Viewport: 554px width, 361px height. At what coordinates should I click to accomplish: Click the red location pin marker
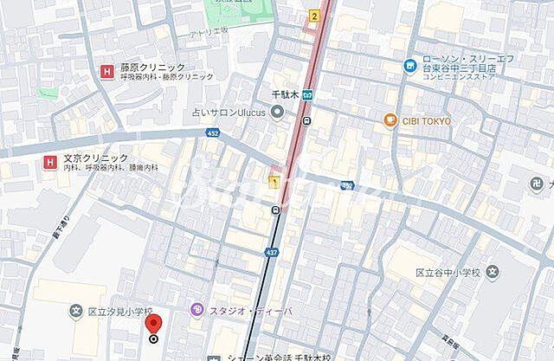(154, 326)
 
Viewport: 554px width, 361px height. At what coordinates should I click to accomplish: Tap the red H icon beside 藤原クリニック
(106, 71)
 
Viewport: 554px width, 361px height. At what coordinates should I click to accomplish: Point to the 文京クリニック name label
(95, 158)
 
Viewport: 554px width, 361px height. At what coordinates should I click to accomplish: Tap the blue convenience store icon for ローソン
(409, 65)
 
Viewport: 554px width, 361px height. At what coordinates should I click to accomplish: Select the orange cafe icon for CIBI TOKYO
(390, 120)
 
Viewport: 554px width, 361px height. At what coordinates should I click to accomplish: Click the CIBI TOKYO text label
(426, 121)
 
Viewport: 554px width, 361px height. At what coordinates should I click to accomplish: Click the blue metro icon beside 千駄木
(306, 95)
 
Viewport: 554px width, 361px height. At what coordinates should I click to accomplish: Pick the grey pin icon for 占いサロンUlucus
(277, 111)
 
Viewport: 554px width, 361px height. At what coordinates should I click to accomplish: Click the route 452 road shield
(212, 132)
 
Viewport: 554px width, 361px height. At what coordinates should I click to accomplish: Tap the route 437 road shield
(272, 252)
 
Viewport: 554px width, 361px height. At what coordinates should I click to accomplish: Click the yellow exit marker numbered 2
(313, 16)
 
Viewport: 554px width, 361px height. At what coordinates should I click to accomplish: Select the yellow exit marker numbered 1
(274, 182)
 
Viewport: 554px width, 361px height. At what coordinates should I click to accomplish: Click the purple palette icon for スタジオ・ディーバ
(197, 309)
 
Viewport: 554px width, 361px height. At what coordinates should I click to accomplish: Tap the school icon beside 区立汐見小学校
(75, 311)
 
